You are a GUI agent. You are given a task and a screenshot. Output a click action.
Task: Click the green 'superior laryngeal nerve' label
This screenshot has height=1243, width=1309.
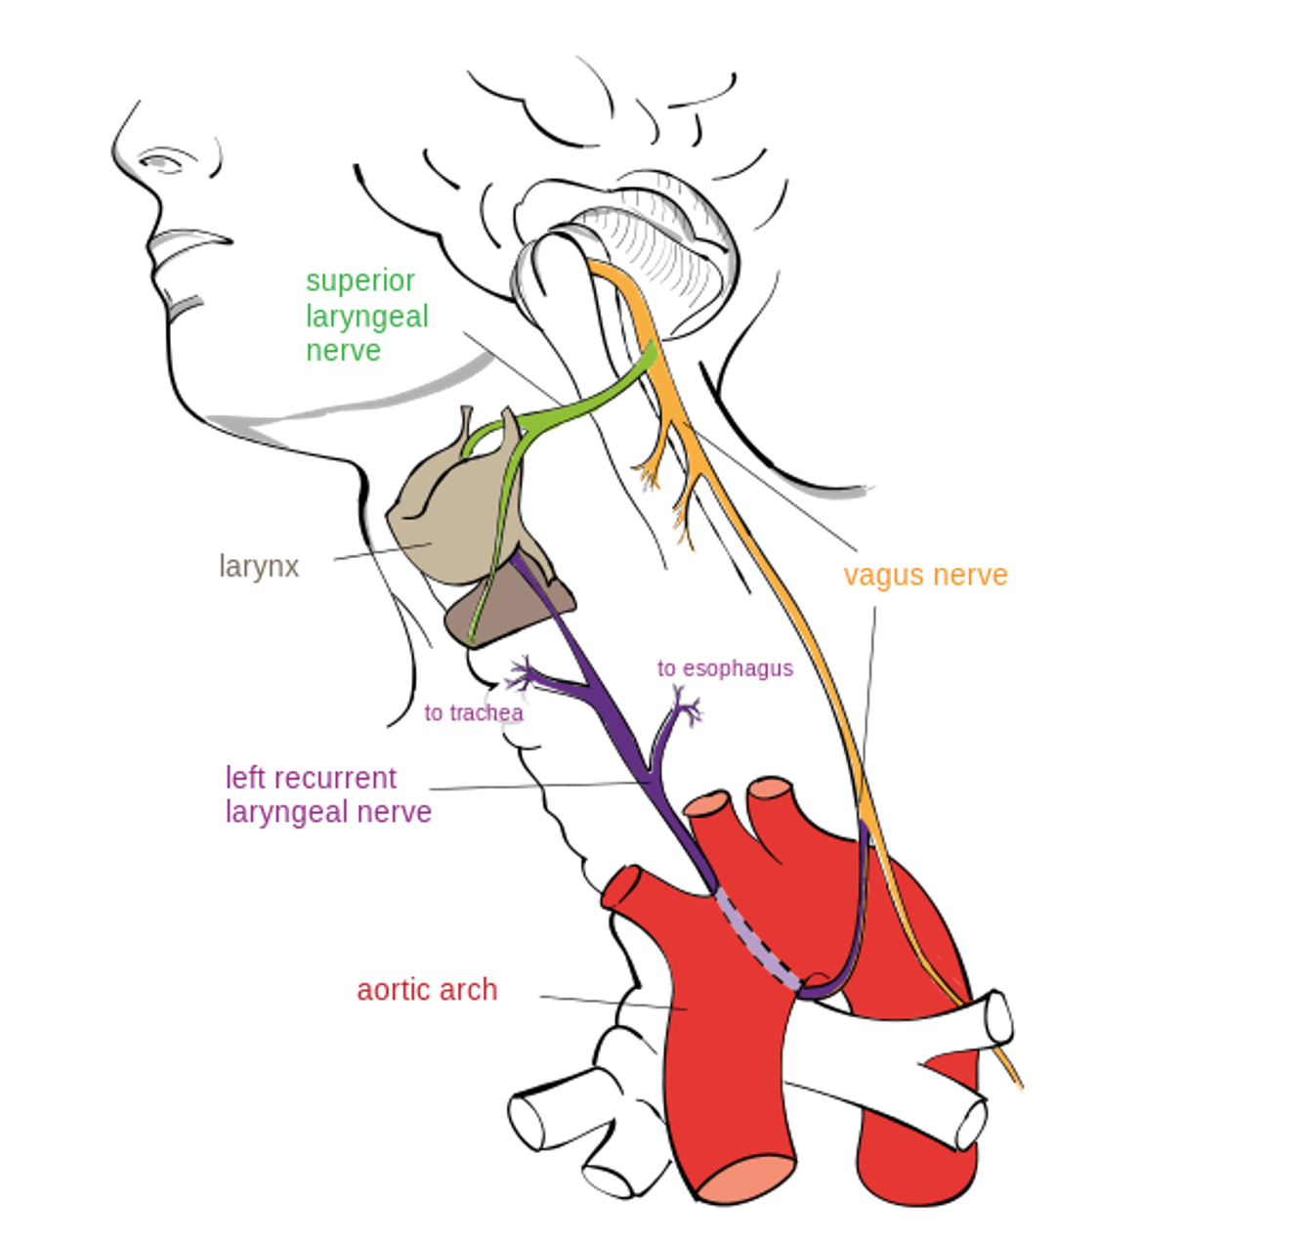[366, 315]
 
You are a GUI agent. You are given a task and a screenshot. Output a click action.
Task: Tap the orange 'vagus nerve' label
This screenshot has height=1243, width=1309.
[925, 575]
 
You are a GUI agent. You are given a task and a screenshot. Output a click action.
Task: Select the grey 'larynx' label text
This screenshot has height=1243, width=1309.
[259, 566]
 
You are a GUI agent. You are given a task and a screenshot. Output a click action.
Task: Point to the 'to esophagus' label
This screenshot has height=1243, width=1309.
[725, 668]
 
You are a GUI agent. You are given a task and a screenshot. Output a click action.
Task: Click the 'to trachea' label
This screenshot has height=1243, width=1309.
[474, 713]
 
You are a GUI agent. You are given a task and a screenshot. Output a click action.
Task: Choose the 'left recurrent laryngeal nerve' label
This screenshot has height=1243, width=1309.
[328, 794]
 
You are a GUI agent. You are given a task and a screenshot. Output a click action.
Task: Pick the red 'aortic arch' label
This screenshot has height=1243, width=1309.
[427, 990]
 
